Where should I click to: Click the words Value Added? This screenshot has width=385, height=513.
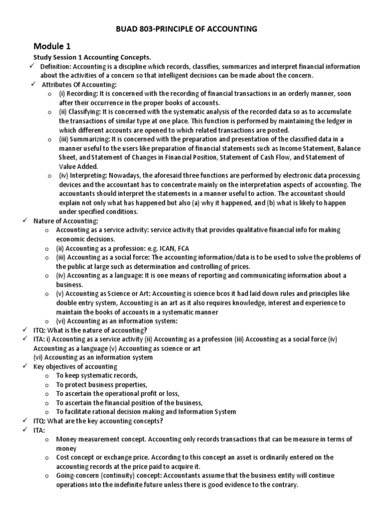[x=77, y=166]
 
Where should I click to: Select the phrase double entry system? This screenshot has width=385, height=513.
[x=79, y=303]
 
